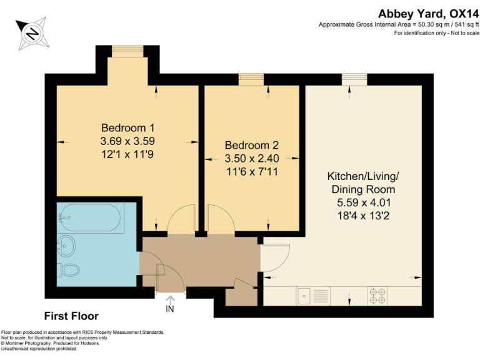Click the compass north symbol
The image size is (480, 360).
click(32, 32)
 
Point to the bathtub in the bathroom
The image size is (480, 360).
click(90, 218)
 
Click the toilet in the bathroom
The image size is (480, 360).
click(69, 271)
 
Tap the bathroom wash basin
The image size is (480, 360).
click(66, 244)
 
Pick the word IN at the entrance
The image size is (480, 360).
click(169, 309)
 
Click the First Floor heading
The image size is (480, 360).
click(71, 316)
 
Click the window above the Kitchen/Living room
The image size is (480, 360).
click(354, 78)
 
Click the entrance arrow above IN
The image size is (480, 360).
click(169, 296)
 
